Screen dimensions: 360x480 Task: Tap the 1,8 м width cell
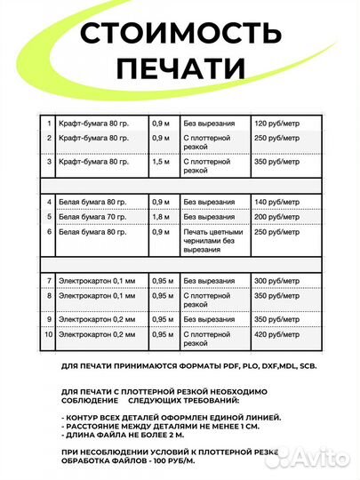(x=159, y=217)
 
